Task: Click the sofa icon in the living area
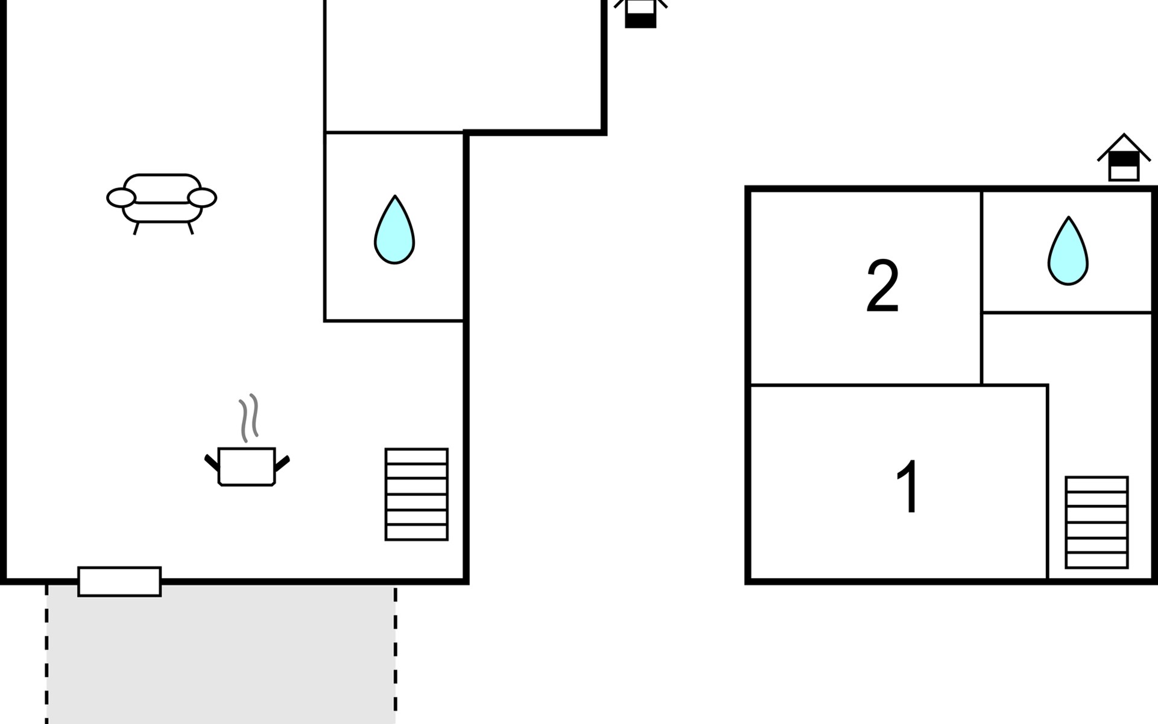click(x=162, y=204)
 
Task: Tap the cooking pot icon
click(x=247, y=466)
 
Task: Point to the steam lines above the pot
click(x=249, y=418)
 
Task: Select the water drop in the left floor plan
click(x=394, y=229)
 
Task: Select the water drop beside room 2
click(x=1068, y=250)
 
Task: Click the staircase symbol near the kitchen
click(x=417, y=494)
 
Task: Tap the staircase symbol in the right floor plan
click(x=1096, y=522)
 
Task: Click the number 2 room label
click(x=882, y=286)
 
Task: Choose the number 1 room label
click(x=908, y=486)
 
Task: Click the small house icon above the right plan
click(x=1124, y=157)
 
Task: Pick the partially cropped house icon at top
click(x=641, y=13)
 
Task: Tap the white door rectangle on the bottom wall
click(x=119, y=582)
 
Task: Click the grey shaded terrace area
click(x=221, y=654)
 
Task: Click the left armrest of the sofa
click(x=121, y=197)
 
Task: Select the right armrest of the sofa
click(x=202, y=197)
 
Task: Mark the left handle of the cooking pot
click(x=212, y=463)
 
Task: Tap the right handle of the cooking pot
click(x=282, y=463)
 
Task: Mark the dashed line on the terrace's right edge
click(x=396, y=654)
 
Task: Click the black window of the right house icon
click(x=1124, y=159)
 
